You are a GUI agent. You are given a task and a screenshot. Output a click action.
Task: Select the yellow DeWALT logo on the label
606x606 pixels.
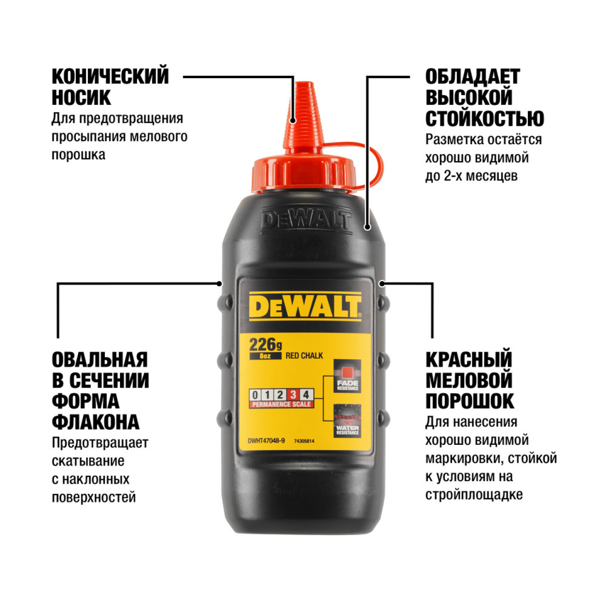pyautogui.click(x=305, y=306)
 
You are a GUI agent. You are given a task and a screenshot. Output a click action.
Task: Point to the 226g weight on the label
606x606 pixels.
pyautogui.click(x=265, y=345)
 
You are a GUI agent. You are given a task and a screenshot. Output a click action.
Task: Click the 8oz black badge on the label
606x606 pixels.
pyautogui.click(x=265, y=356)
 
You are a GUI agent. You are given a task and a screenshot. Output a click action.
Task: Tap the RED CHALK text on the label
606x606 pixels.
pyautogui.click(x=304, y=356)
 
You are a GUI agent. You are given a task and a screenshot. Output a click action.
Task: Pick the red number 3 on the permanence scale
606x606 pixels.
pyautogui.click(x=293, y=395)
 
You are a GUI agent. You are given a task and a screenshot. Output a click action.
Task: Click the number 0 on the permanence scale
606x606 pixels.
pyautogui.click(x=255, y=395)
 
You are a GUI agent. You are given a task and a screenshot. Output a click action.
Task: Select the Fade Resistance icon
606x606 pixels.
pyautogui.click(x=347, y=376)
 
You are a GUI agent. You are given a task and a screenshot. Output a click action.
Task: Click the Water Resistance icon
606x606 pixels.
pyautogui.click(x=347, y=421)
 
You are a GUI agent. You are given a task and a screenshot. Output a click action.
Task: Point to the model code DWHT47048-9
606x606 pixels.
pyautogui.click(x=266, y=441)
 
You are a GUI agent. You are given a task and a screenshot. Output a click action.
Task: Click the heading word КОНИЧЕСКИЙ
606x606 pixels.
pyautogui.click(x=110, y=77)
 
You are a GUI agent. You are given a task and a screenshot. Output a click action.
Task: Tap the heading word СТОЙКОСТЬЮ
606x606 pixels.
pyautogui.click(x=485, y=119)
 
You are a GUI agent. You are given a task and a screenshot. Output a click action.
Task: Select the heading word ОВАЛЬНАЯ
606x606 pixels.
pyautogui.click(x=100, y=360)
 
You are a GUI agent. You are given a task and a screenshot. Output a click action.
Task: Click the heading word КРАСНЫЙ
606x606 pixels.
pyautogui.click(x=469, y=360)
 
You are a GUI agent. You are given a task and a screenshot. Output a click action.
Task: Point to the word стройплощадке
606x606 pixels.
pyautogui.click(x=474, y=495)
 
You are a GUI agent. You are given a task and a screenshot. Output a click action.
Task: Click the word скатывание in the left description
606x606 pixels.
pyautogui.click(x=88, y=461)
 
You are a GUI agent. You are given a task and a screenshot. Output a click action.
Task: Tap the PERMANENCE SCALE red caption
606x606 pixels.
pyautogui.click(x=281, y=404)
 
